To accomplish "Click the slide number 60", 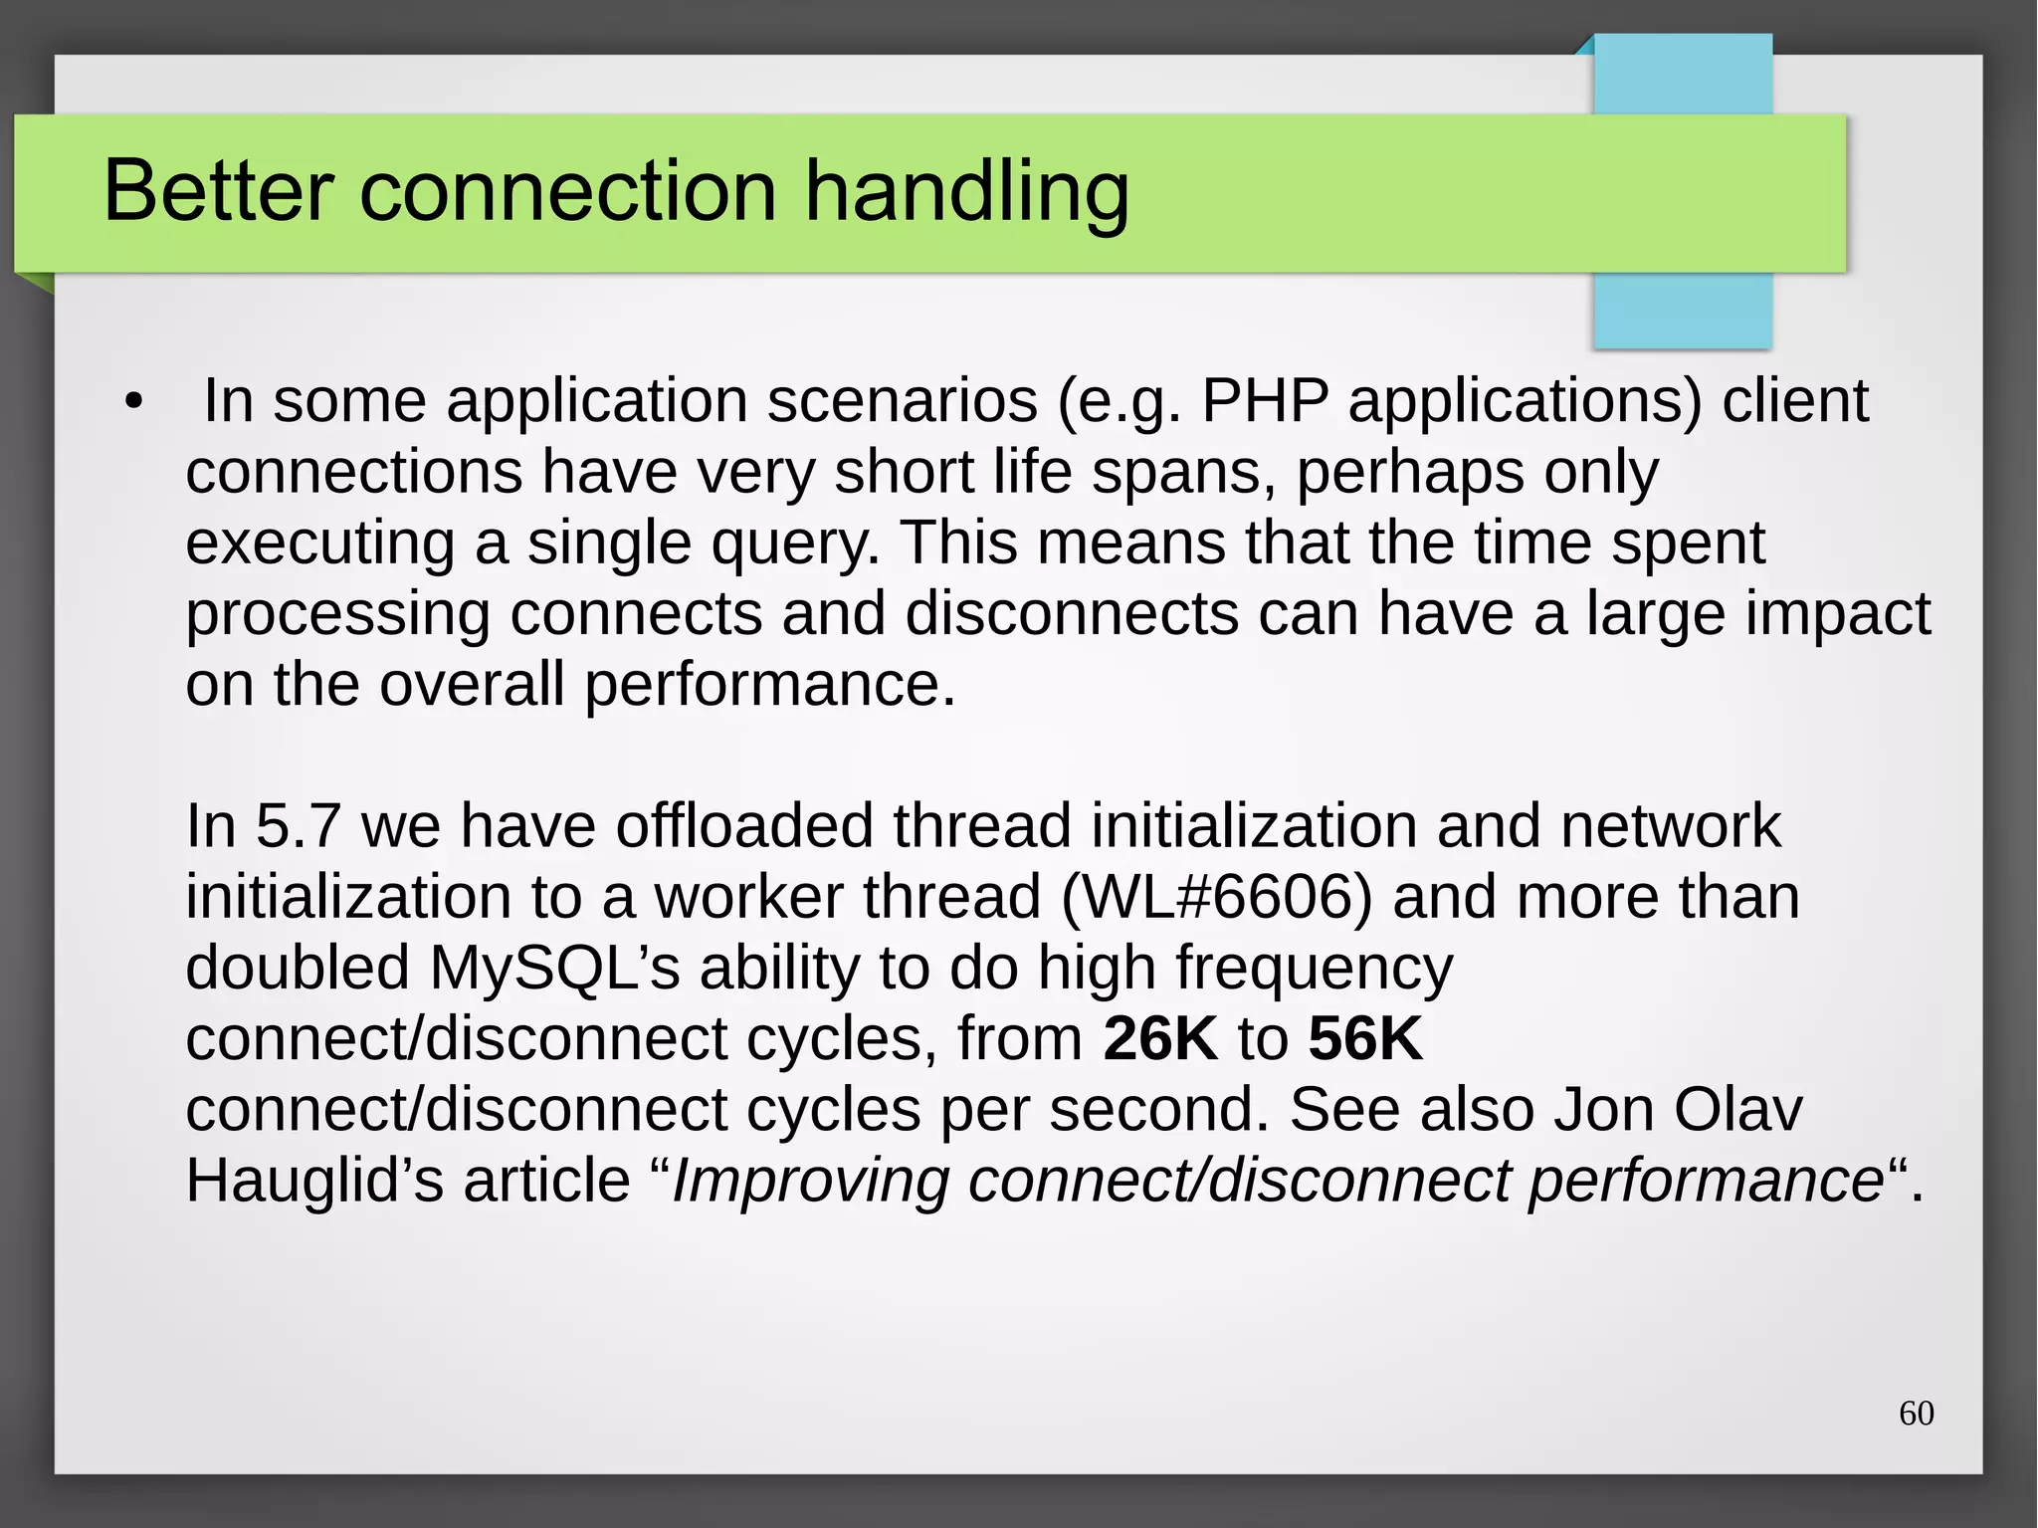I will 1916,1414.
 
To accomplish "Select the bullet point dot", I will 134,403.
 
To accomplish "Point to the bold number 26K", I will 1159,1038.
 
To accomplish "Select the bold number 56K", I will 1365,1038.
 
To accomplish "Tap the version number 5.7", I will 299,826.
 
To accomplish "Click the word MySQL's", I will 554,968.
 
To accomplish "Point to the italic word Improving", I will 810,1181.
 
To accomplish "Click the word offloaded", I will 743,826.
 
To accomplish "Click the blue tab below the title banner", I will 1682,311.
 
